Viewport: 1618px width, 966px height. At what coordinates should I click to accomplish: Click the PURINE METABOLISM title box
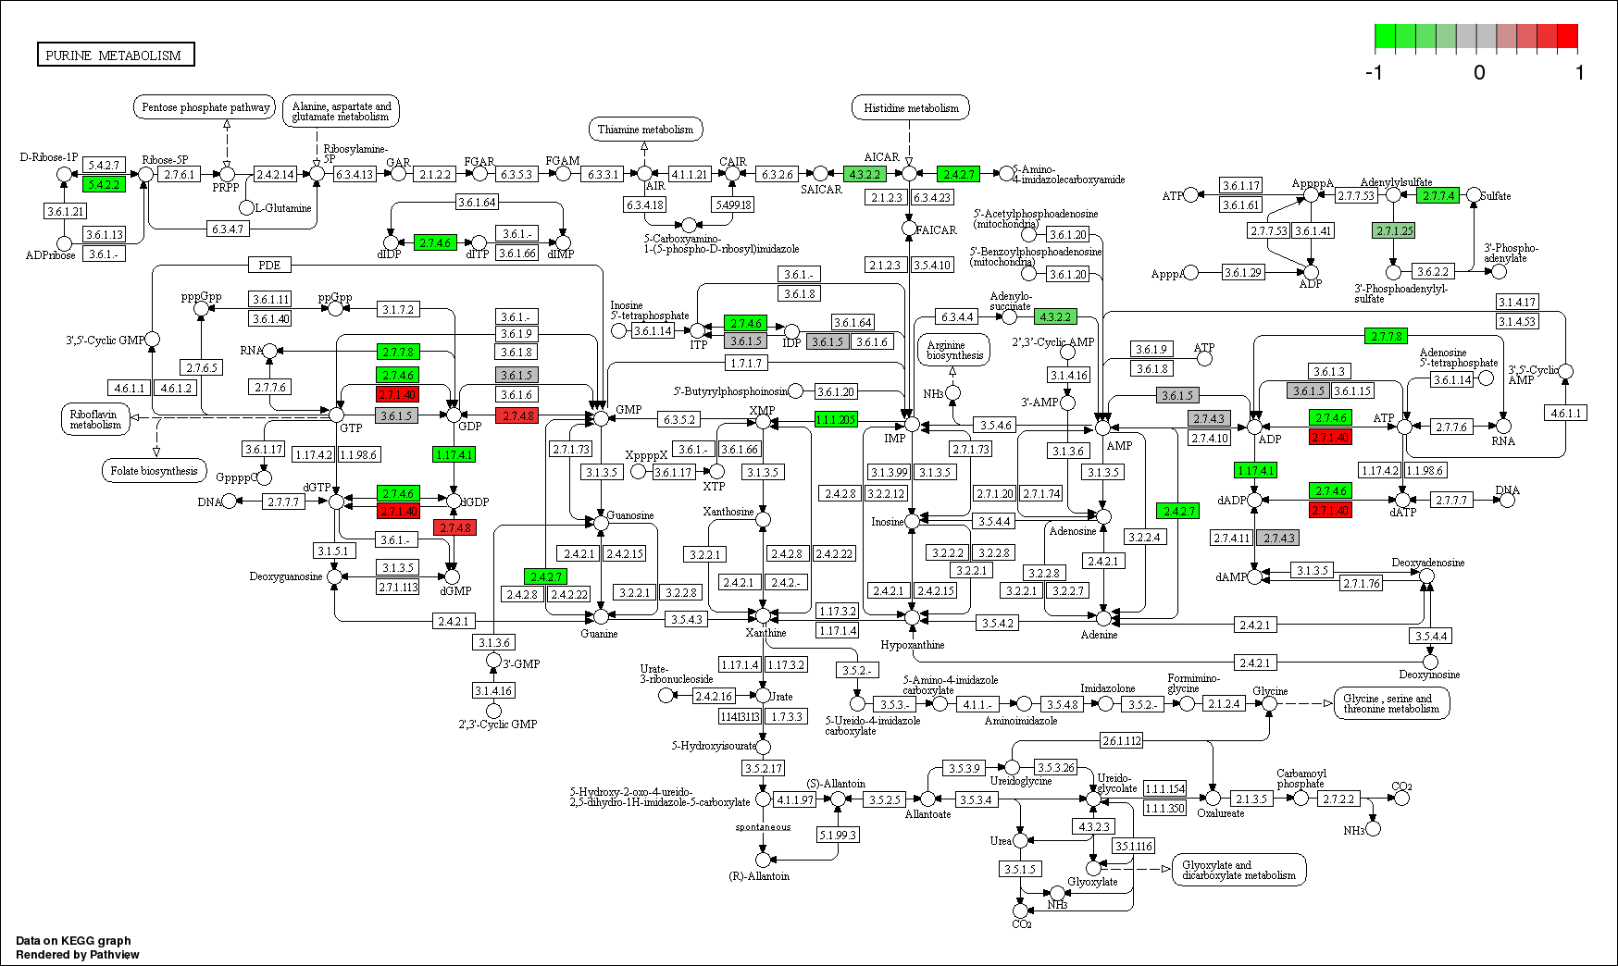[115, 56]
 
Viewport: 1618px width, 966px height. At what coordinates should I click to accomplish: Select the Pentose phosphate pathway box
[205, 107]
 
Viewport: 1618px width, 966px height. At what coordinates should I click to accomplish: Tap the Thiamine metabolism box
[645, 130]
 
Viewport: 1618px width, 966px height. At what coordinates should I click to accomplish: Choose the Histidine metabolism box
[911, 108]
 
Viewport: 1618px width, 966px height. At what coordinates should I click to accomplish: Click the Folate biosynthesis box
[154, 471]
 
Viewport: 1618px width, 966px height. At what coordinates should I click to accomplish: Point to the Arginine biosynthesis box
[954, 351]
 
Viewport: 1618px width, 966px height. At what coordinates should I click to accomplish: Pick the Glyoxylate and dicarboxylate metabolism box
[1238, 871]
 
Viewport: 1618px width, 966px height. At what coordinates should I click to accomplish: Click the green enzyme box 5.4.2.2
[104, 185]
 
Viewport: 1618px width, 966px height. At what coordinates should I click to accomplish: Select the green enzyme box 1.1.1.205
[836, 420]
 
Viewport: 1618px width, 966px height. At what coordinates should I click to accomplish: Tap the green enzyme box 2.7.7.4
[1438, 196]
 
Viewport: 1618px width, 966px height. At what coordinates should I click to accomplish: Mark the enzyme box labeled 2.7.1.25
[1394, 231]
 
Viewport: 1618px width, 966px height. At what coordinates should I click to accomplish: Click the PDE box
[269, 266]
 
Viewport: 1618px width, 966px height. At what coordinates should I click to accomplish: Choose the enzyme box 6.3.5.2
[678, 420]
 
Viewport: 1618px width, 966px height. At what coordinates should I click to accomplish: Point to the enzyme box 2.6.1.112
[1122, 741]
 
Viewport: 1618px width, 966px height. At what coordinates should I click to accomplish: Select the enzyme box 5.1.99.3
[838, 836]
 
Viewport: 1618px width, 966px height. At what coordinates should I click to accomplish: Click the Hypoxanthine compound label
[912, 645]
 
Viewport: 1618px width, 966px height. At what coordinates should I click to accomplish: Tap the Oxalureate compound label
[1220, 813]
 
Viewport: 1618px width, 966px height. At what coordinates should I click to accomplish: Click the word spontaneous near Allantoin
[763, 827]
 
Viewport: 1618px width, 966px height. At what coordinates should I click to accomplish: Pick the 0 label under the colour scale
[1479, 73]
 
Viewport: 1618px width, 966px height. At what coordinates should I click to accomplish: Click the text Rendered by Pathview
[78, 955]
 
